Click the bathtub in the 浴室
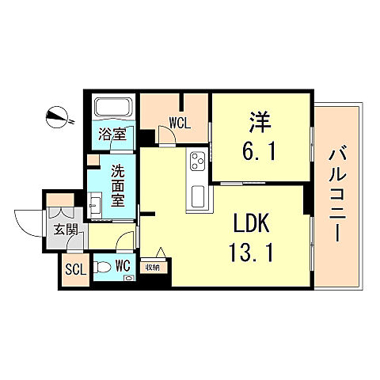pos(113,107)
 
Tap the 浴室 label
pos(112,134)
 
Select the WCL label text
pos(180,123)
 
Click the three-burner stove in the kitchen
pos(198,161)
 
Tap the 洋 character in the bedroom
pos(260,122)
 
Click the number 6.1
pos(260,152)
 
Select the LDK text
pos(252,223)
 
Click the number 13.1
pos(251,253)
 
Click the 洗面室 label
pos(117,186)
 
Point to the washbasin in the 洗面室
pos(94,205)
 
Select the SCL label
pos(76,269)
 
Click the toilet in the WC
pos(102,267)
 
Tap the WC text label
pos(123,265)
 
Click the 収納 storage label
pos(153,268)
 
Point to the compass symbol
pos(57,117)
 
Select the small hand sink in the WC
pos(129,278)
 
